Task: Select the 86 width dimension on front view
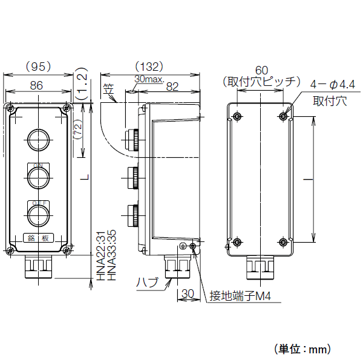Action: click(37, 86)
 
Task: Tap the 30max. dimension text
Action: click(148, 79)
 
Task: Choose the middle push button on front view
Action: click(38, 176)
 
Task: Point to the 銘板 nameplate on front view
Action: click(38, 238)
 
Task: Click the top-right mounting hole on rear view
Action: click(284, 116)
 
